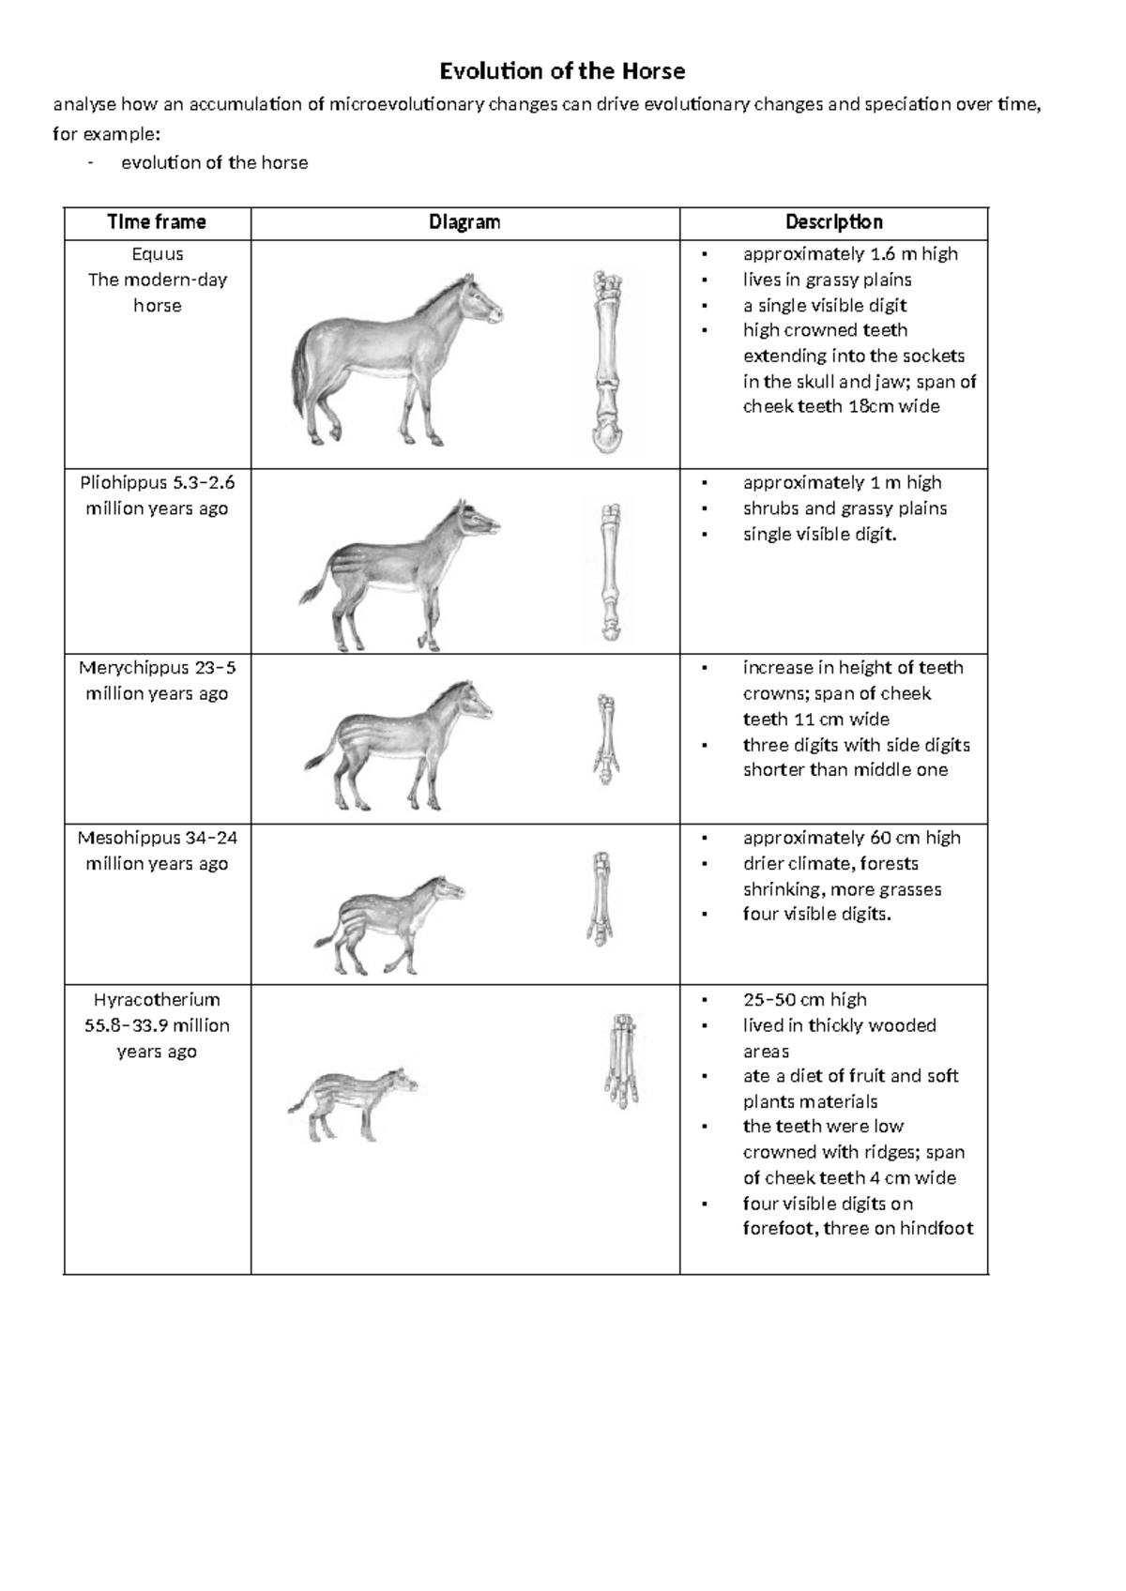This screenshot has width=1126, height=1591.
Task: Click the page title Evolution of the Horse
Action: pos(563,71)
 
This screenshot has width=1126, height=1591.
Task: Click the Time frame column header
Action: pos(157,222)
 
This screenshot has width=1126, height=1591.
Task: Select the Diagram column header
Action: pos(464,222)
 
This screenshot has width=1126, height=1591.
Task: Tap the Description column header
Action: pos(833,222)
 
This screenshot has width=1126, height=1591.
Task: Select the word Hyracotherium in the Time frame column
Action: pos(157,1000)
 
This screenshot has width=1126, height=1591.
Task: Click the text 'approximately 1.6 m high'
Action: pos(850,254)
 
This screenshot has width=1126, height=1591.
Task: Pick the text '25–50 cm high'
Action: pos(804,1000)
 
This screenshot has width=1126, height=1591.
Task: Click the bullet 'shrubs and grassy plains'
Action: pos(844,508)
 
